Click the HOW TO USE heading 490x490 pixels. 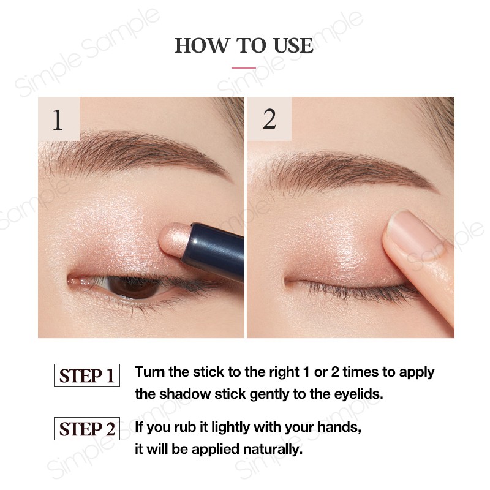click(x=244, y=45)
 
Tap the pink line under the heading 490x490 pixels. click(x=244, y=67)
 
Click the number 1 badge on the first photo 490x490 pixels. click(x=58, y=119)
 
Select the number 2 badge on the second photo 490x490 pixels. click(x=269, y=119)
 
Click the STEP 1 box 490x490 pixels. click(x=86, y=375)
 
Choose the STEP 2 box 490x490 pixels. click(x=86, y=429)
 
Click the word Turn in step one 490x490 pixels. click(x=149, y=372)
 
